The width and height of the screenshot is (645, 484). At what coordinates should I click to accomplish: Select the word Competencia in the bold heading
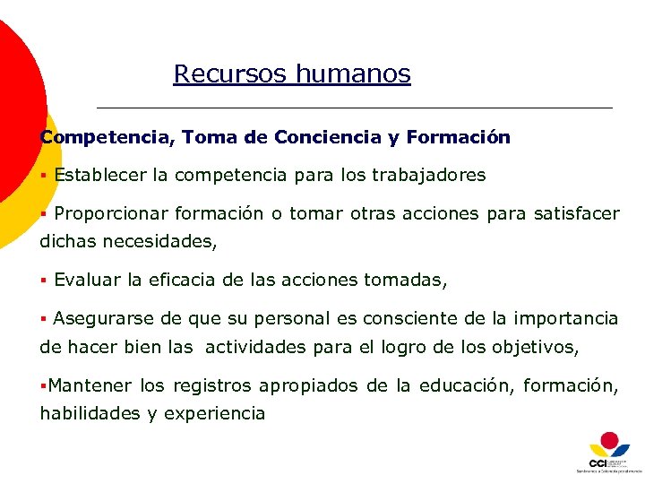click(x=107, y=138)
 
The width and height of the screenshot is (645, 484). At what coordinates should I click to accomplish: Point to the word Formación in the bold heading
click(x=458, y=138)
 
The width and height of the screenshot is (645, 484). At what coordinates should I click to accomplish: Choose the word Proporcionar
click(x=110, y=214)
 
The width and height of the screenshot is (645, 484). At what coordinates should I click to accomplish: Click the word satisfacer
click(x=576, y=214)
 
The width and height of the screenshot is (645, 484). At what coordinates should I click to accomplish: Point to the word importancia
click(x=572, y=318)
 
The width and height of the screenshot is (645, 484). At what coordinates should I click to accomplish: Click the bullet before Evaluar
click(x=43, y=281)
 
